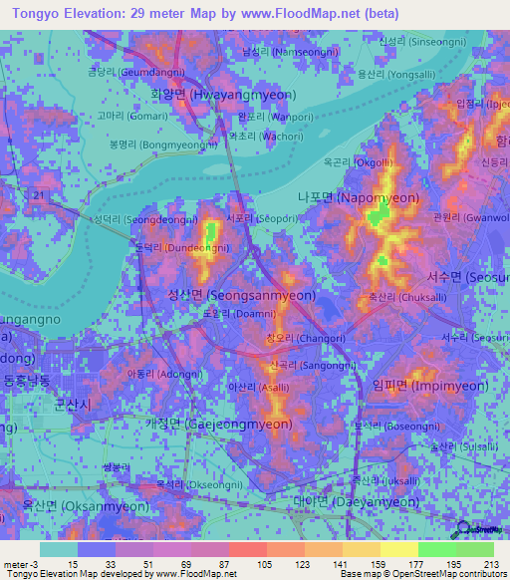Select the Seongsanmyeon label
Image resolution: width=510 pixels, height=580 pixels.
(x=241, y=295)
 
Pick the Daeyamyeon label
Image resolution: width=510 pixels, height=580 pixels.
(x=357, y=501)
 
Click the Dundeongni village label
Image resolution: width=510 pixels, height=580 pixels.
(x=175, y=247)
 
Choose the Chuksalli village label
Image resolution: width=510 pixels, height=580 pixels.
(x=391, y=296)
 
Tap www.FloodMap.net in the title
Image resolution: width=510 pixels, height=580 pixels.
(x=305, y=14)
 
